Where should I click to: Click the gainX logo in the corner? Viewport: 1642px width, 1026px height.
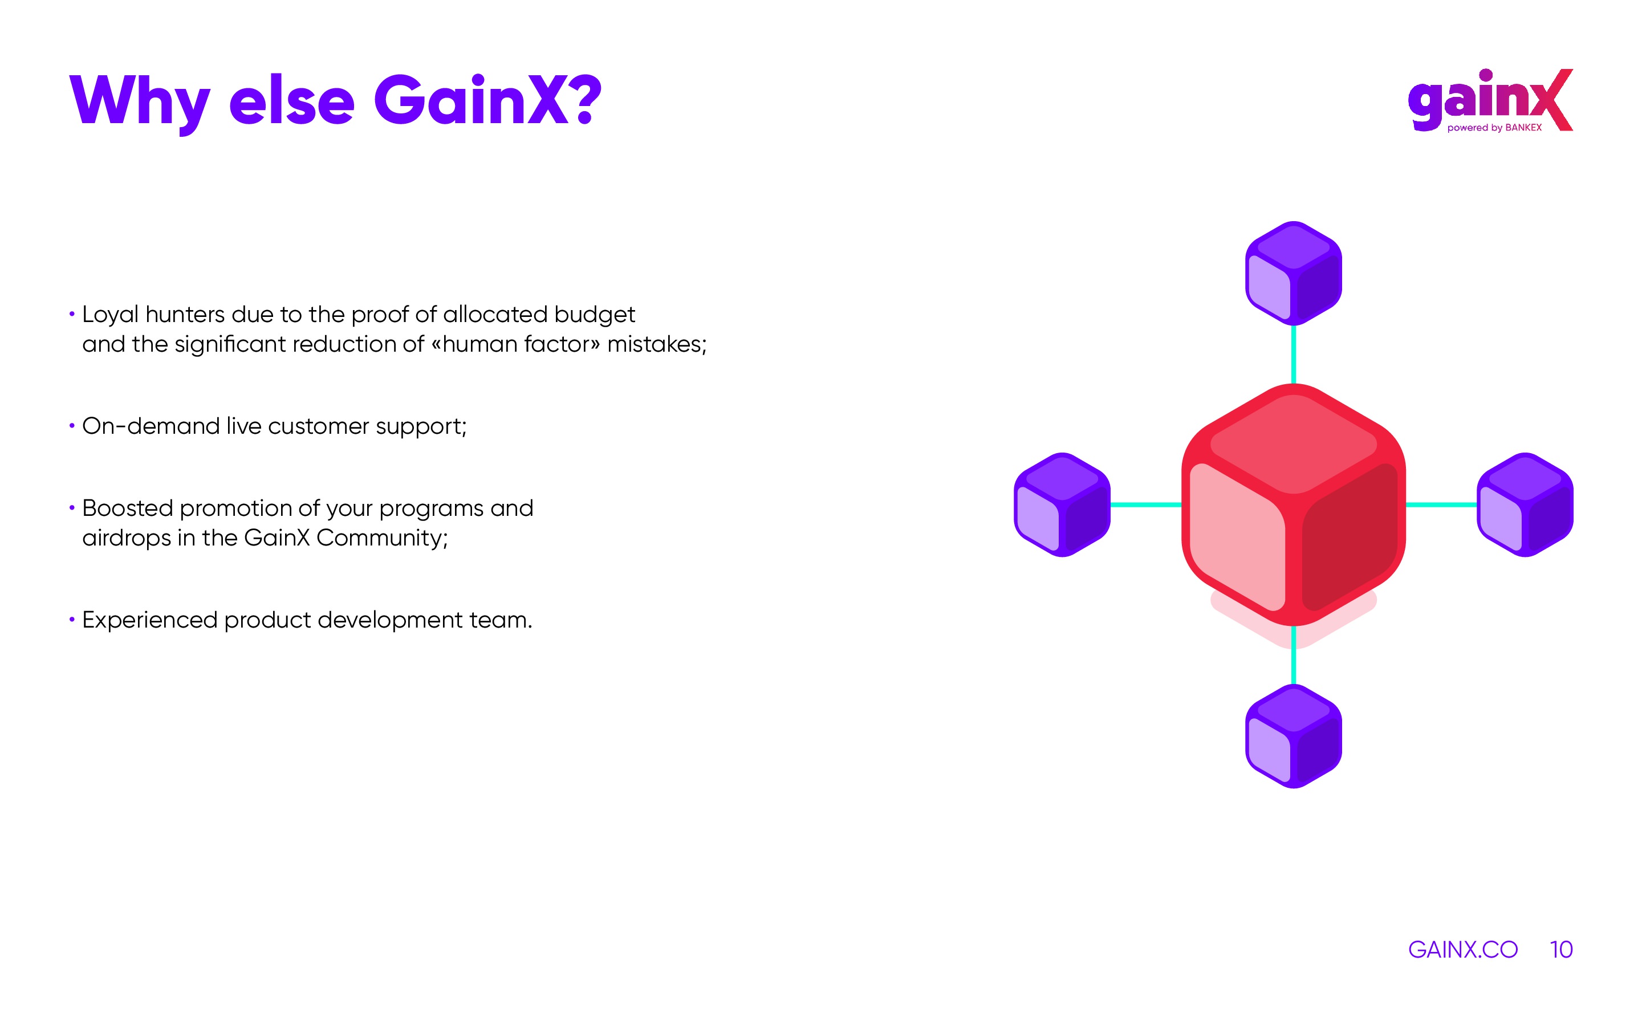point(1491,100)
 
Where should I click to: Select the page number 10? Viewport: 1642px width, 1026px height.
point(1561,949)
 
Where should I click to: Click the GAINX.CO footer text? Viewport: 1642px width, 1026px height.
point(1463,949)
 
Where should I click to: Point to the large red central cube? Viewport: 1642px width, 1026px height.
point(1293,504)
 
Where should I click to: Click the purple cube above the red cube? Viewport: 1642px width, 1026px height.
point(1293,273)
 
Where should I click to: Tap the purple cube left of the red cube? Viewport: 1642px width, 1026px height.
point(1062,504)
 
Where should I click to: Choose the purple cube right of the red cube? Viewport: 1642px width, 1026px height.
point(1525,504)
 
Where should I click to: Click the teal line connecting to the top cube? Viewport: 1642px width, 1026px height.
point(1293,354)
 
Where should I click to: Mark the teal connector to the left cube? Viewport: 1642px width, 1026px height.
point(1146,504)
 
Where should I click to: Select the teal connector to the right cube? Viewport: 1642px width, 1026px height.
point(1441,504)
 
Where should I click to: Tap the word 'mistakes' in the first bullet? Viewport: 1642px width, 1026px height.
point(654,344)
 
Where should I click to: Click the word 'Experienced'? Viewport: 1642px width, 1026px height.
point(150,620)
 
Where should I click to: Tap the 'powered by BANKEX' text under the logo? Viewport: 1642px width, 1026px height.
point(1494,128)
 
